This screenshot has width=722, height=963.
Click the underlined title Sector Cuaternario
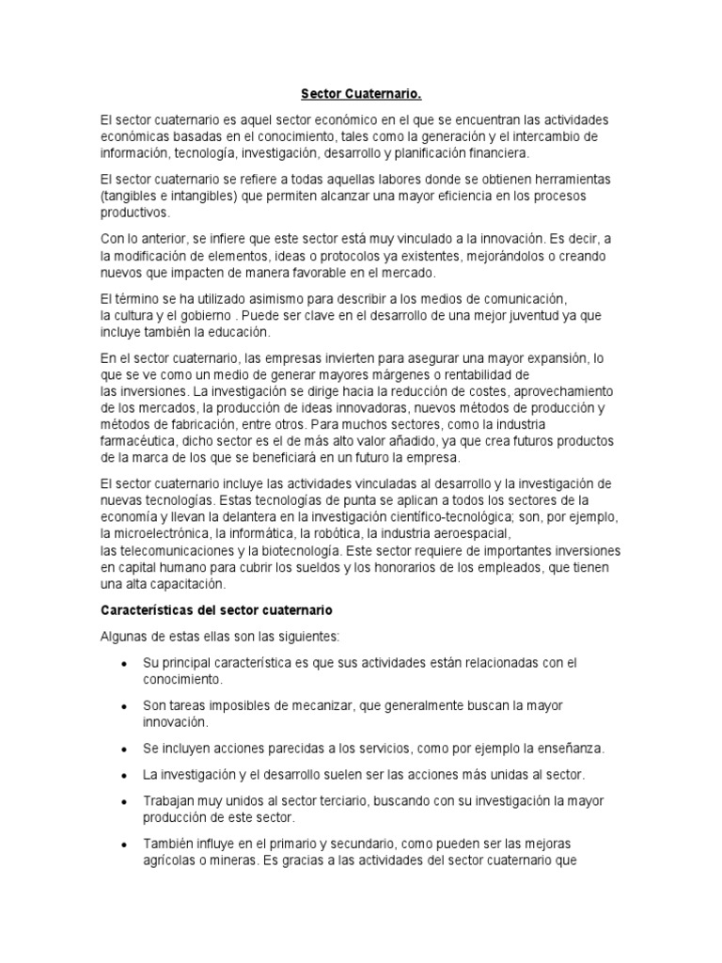click(361, 94)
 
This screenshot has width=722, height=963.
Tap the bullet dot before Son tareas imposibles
click(125, 706)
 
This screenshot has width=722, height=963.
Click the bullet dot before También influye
click(125, 844)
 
